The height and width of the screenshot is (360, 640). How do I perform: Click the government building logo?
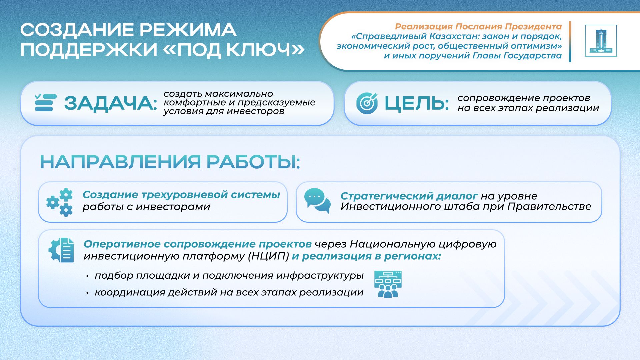(601, 41)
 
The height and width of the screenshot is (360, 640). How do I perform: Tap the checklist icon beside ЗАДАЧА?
(45, 103)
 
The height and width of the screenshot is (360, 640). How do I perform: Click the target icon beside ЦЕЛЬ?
(367, 103)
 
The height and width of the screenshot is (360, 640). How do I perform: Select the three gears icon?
(60, 202)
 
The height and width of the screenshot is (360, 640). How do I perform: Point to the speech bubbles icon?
(317, 201)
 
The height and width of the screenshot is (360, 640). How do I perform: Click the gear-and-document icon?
(61, 250)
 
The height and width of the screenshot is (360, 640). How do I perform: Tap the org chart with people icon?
(388, 284)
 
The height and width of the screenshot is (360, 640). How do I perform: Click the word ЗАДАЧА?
(110, 103)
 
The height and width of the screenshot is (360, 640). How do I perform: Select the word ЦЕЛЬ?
(417, 103)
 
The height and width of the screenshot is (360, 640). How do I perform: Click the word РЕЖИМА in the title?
(188, 30)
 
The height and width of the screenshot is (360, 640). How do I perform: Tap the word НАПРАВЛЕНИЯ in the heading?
(120, 162)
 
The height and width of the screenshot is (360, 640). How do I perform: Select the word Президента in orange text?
(533, 26)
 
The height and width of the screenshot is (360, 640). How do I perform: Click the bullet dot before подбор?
(87, 276)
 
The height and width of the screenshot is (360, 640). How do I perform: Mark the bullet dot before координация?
(87, 293)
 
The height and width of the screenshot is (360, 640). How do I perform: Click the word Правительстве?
(549, 207)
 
